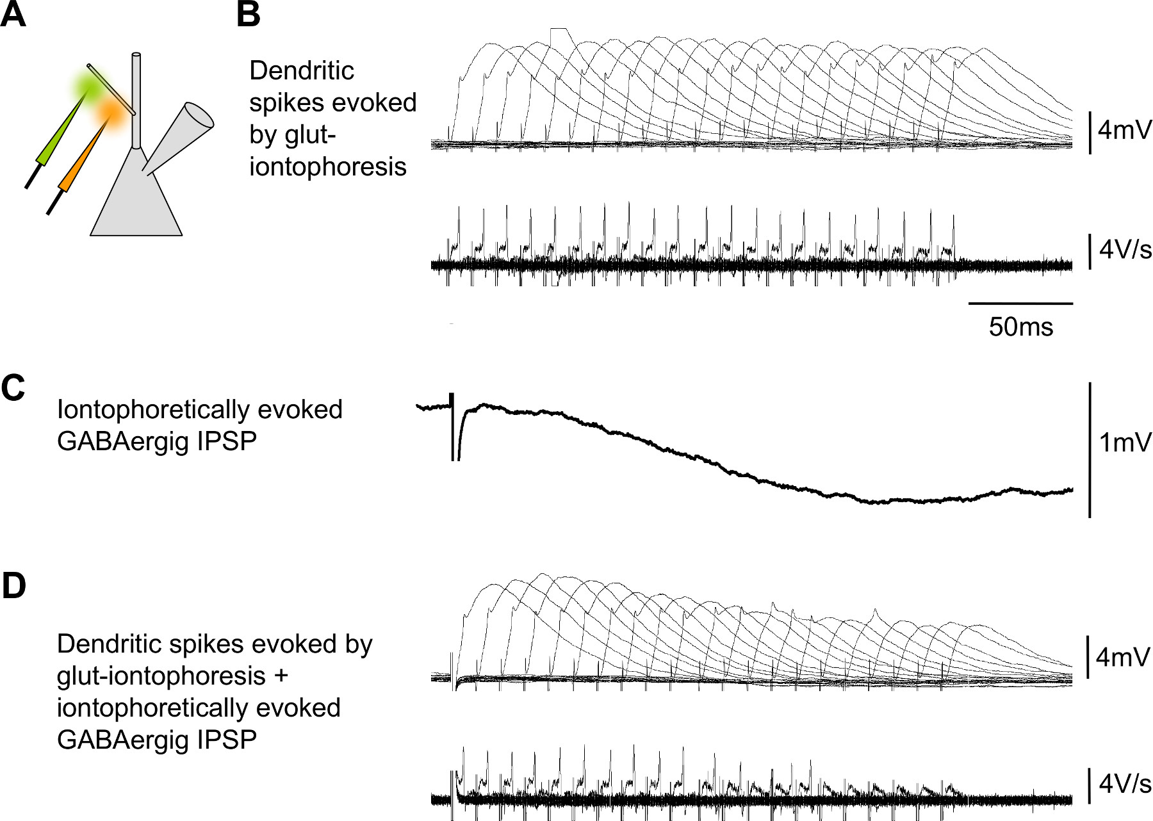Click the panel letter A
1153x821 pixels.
[13, 14]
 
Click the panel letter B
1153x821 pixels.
[249, 14]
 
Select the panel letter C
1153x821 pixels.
[13, 387]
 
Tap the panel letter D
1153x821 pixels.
[13, 586]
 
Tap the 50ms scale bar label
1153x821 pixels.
[1020, 327]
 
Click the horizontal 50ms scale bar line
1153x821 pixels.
[1020, 303]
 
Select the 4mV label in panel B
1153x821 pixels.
[1124, 130]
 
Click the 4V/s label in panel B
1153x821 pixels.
[1125, 249]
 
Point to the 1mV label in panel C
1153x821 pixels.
[1125, 443]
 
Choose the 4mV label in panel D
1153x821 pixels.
[1123, 658]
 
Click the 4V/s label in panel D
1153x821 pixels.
[1125, 784]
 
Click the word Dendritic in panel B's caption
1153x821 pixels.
[301, 71]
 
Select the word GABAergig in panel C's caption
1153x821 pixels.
[122, 441]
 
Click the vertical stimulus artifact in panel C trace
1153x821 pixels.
[453, 426]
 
